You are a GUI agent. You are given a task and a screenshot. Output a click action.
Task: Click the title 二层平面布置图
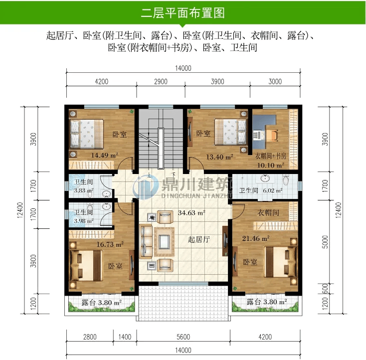coord(183,12)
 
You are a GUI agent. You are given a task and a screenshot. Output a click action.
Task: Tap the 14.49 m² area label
coord(105,155)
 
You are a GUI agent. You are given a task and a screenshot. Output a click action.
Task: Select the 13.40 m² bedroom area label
coord(219,157)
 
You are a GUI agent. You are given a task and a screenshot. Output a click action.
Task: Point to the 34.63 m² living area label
coord(191,213)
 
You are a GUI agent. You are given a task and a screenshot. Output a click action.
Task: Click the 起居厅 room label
coord(199,239)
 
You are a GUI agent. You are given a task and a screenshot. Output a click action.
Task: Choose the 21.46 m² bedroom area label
coord(256,238)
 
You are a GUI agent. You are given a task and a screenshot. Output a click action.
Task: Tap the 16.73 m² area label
coord(110,244)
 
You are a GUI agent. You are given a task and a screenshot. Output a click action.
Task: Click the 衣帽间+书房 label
coord(271,156)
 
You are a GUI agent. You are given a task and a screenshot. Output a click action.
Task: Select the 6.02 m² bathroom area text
coord(273,190)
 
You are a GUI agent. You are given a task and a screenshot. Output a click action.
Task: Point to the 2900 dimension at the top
coord(161,81)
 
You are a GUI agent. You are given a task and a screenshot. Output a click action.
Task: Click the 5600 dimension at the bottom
coord(183,337)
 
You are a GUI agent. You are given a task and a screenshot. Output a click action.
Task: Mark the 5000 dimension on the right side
coord(325,242)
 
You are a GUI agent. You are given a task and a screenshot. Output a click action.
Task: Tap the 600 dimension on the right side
coord(325,289)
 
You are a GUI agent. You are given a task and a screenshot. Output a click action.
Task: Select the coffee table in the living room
coord(164,242)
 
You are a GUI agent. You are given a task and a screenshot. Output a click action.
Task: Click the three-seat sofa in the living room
coord(146,241)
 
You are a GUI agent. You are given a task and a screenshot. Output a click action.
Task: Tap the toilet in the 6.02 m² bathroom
coord(286,180)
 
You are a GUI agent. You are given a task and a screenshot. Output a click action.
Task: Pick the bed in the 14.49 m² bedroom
coord(87,134)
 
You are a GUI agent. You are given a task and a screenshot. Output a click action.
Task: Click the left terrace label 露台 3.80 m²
coord(102,303)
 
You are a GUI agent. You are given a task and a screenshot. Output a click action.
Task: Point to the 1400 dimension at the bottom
coord(125,337)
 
